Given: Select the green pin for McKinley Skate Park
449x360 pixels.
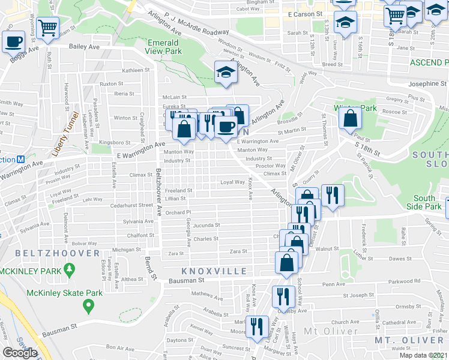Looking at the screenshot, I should (x=89, y=306).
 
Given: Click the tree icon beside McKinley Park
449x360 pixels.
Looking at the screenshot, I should (x=70, y=271).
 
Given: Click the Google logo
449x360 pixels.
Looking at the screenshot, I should (x=20, y=353).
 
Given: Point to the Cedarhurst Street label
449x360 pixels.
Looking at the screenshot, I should (x=133, y=205).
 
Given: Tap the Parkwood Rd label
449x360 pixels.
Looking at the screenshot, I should (x=408, y=281).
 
